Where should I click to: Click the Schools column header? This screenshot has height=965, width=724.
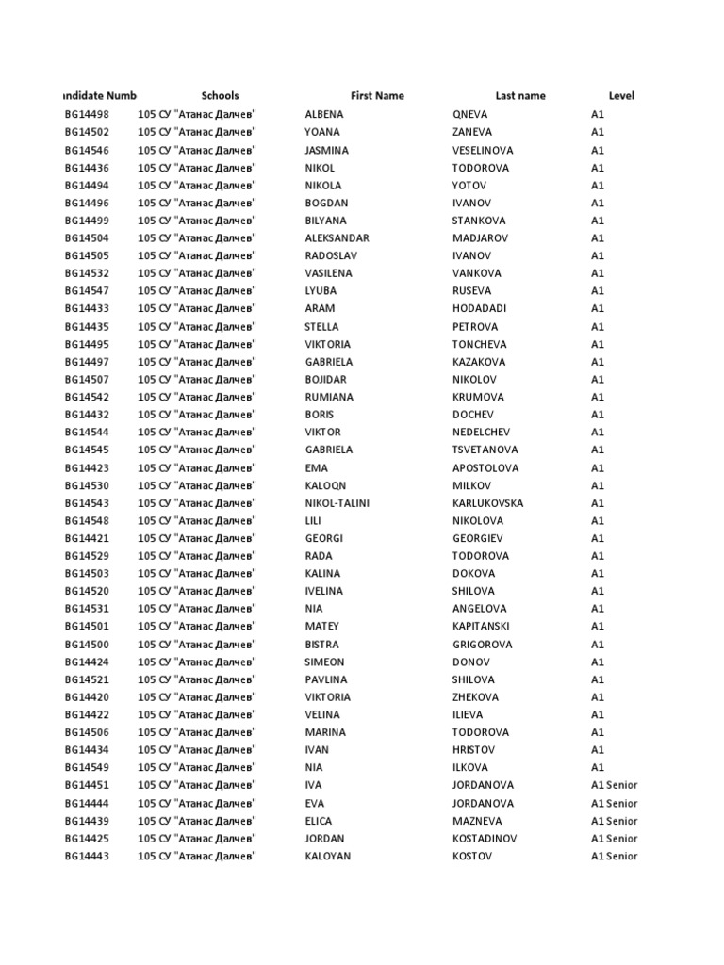(220, 95)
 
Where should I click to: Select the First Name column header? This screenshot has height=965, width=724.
(377, 95)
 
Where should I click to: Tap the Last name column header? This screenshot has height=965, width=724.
(520, 95)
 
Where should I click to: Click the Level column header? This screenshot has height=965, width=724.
(621, 95)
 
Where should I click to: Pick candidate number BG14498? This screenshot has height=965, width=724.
(87, 114)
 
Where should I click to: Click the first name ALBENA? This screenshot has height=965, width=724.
(324, 114)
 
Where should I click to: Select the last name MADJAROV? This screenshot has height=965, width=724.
(482, 238)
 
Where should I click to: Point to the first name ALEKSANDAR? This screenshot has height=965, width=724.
(337, 238)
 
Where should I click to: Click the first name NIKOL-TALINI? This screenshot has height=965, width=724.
(337, 503)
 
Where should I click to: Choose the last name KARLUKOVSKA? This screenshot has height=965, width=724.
(487, 503)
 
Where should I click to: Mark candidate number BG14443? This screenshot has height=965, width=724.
(87, 856)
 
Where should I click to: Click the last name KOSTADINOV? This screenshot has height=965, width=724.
(487, 839)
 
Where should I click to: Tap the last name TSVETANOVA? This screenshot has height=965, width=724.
(485, 450)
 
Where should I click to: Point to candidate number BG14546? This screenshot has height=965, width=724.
(87, 150)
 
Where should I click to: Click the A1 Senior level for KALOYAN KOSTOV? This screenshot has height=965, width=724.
(614, 856)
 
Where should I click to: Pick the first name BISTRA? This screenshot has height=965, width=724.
(322, 645)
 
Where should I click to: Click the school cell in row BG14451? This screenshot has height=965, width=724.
(198, 785)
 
